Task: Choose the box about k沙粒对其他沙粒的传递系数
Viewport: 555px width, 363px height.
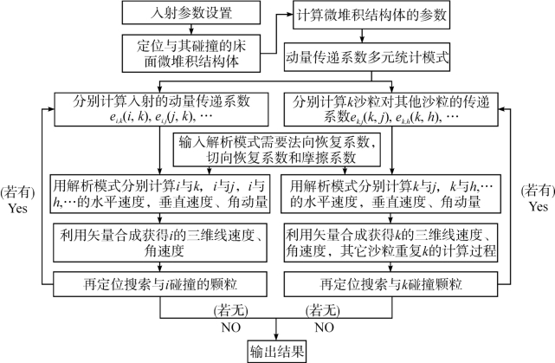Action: tap(393, 108)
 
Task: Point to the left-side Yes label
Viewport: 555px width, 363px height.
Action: tap(19, 209)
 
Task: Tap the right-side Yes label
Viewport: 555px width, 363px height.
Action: tap(537, 209)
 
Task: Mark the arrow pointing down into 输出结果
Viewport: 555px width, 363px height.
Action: tap(277, 332)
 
